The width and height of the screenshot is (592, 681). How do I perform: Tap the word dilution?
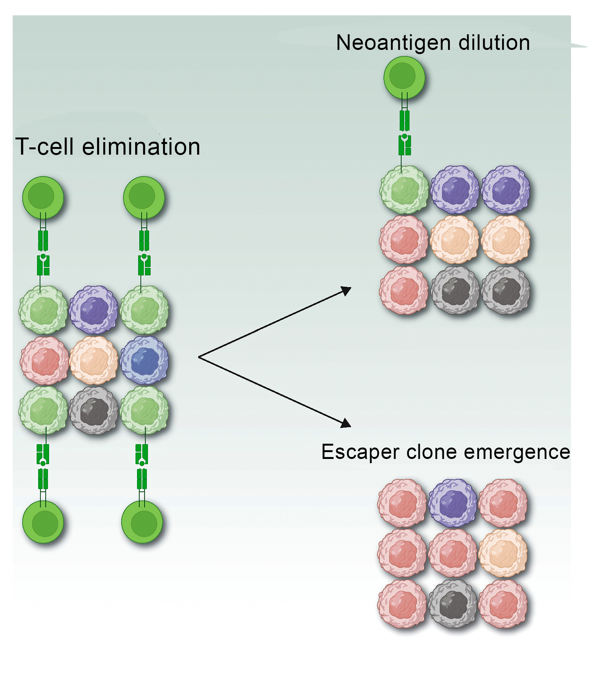pos(494,42)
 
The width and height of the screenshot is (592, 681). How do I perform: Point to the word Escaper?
pos(361,452)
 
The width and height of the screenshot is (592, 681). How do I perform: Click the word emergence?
pos(517,452)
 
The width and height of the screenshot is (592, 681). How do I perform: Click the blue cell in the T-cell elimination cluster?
pos(145,361)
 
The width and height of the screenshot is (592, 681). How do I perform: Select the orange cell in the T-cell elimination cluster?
pos(94,361)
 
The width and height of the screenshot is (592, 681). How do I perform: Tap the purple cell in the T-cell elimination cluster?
pos(94,310)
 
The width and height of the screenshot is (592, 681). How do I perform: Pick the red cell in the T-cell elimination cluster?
pos(45,361)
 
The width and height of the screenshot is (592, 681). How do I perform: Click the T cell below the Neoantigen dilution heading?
pos(404,77)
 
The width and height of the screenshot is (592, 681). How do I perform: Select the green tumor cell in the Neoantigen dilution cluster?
pos(404,189)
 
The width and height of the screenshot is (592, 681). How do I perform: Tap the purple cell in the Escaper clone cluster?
pos(453,503)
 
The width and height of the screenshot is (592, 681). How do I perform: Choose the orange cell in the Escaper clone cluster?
pos(503,553)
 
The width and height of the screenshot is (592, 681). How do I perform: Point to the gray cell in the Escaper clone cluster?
pos(453,604)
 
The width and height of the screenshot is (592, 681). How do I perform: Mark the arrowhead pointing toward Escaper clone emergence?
pos(346,423)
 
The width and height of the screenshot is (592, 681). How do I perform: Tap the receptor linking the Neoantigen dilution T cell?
pos(404,133)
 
